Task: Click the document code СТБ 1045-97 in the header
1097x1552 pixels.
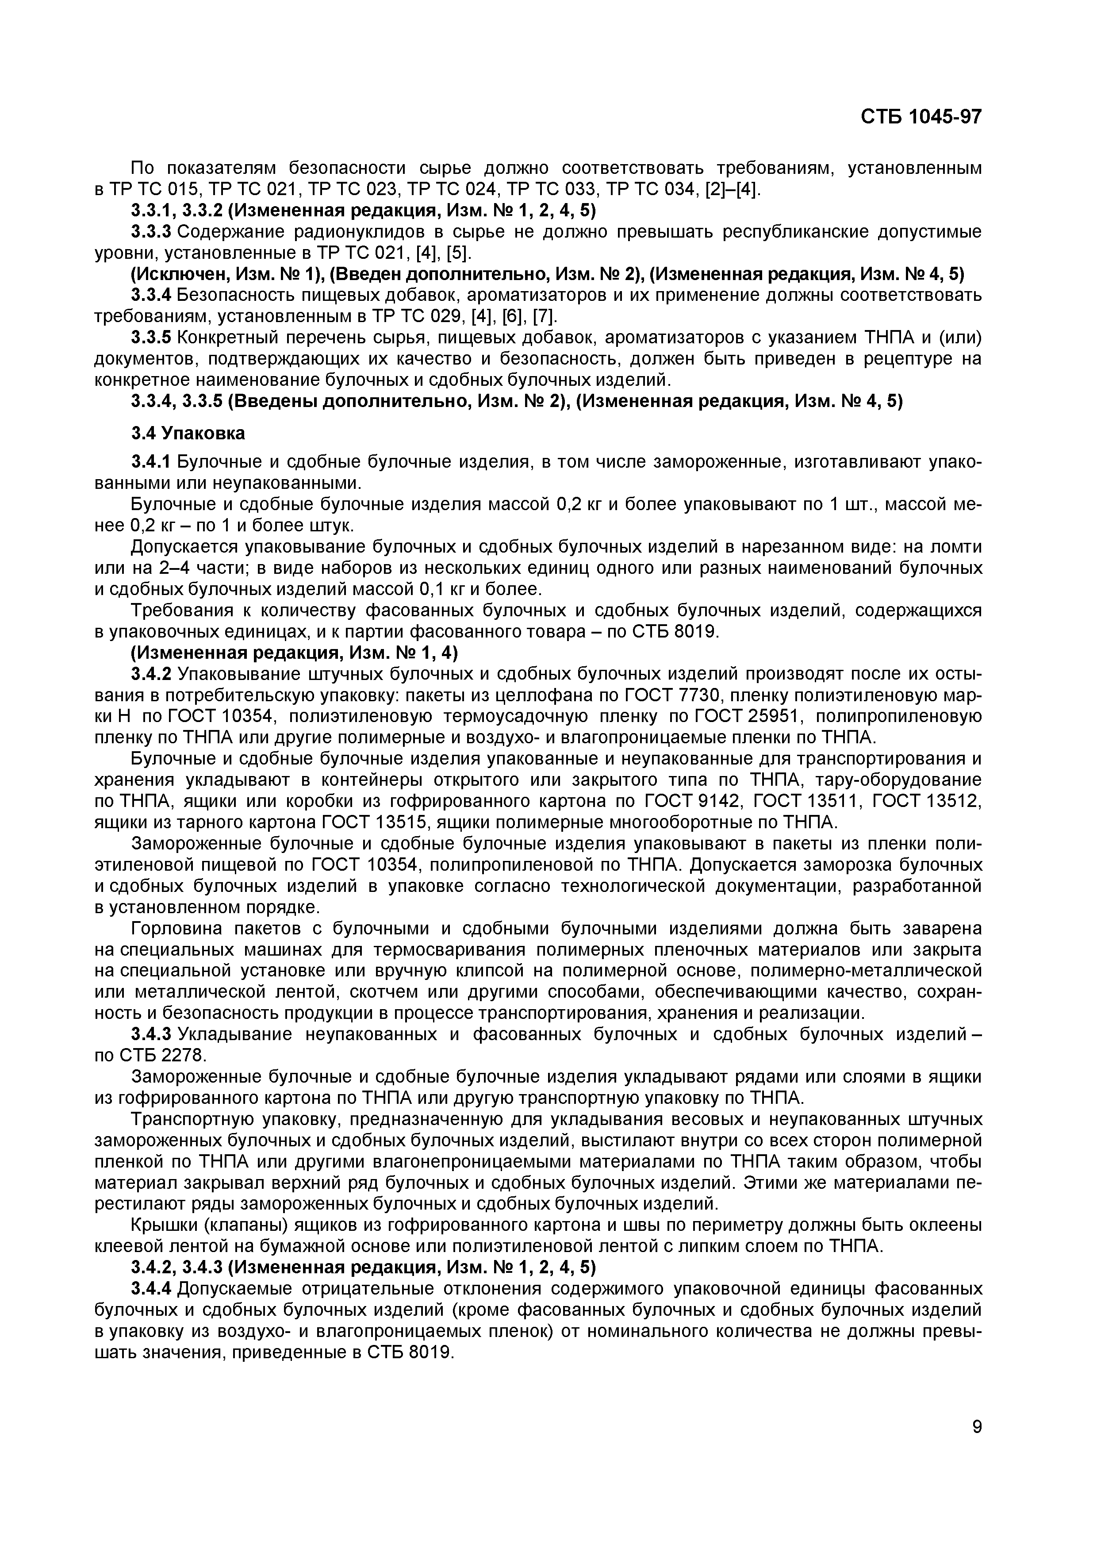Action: click(x=921, y=117)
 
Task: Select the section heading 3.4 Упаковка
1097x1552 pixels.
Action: click(x=188, y=433)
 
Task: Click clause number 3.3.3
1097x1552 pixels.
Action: click(x=153, y=232)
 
